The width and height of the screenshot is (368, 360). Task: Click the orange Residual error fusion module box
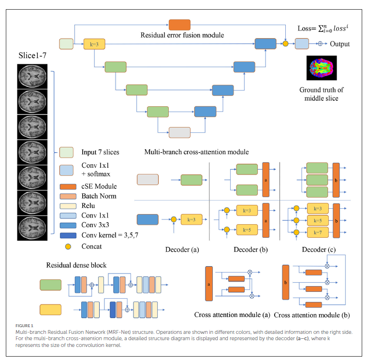coord(179,25)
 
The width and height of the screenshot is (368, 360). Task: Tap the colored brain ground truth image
coord(322,68)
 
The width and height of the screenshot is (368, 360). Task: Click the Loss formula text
coord(323,29)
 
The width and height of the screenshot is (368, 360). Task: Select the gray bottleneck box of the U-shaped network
coord(179,132)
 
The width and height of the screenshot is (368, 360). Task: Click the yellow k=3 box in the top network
coord(94,44)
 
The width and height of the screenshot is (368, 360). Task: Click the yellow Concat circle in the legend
coord(66,246)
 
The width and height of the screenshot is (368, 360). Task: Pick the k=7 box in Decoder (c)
coord(318,232)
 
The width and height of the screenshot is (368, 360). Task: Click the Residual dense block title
coord(76,265)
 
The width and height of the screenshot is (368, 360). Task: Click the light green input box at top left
coord(66,44)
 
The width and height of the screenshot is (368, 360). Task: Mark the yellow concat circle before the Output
coord(285,44)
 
